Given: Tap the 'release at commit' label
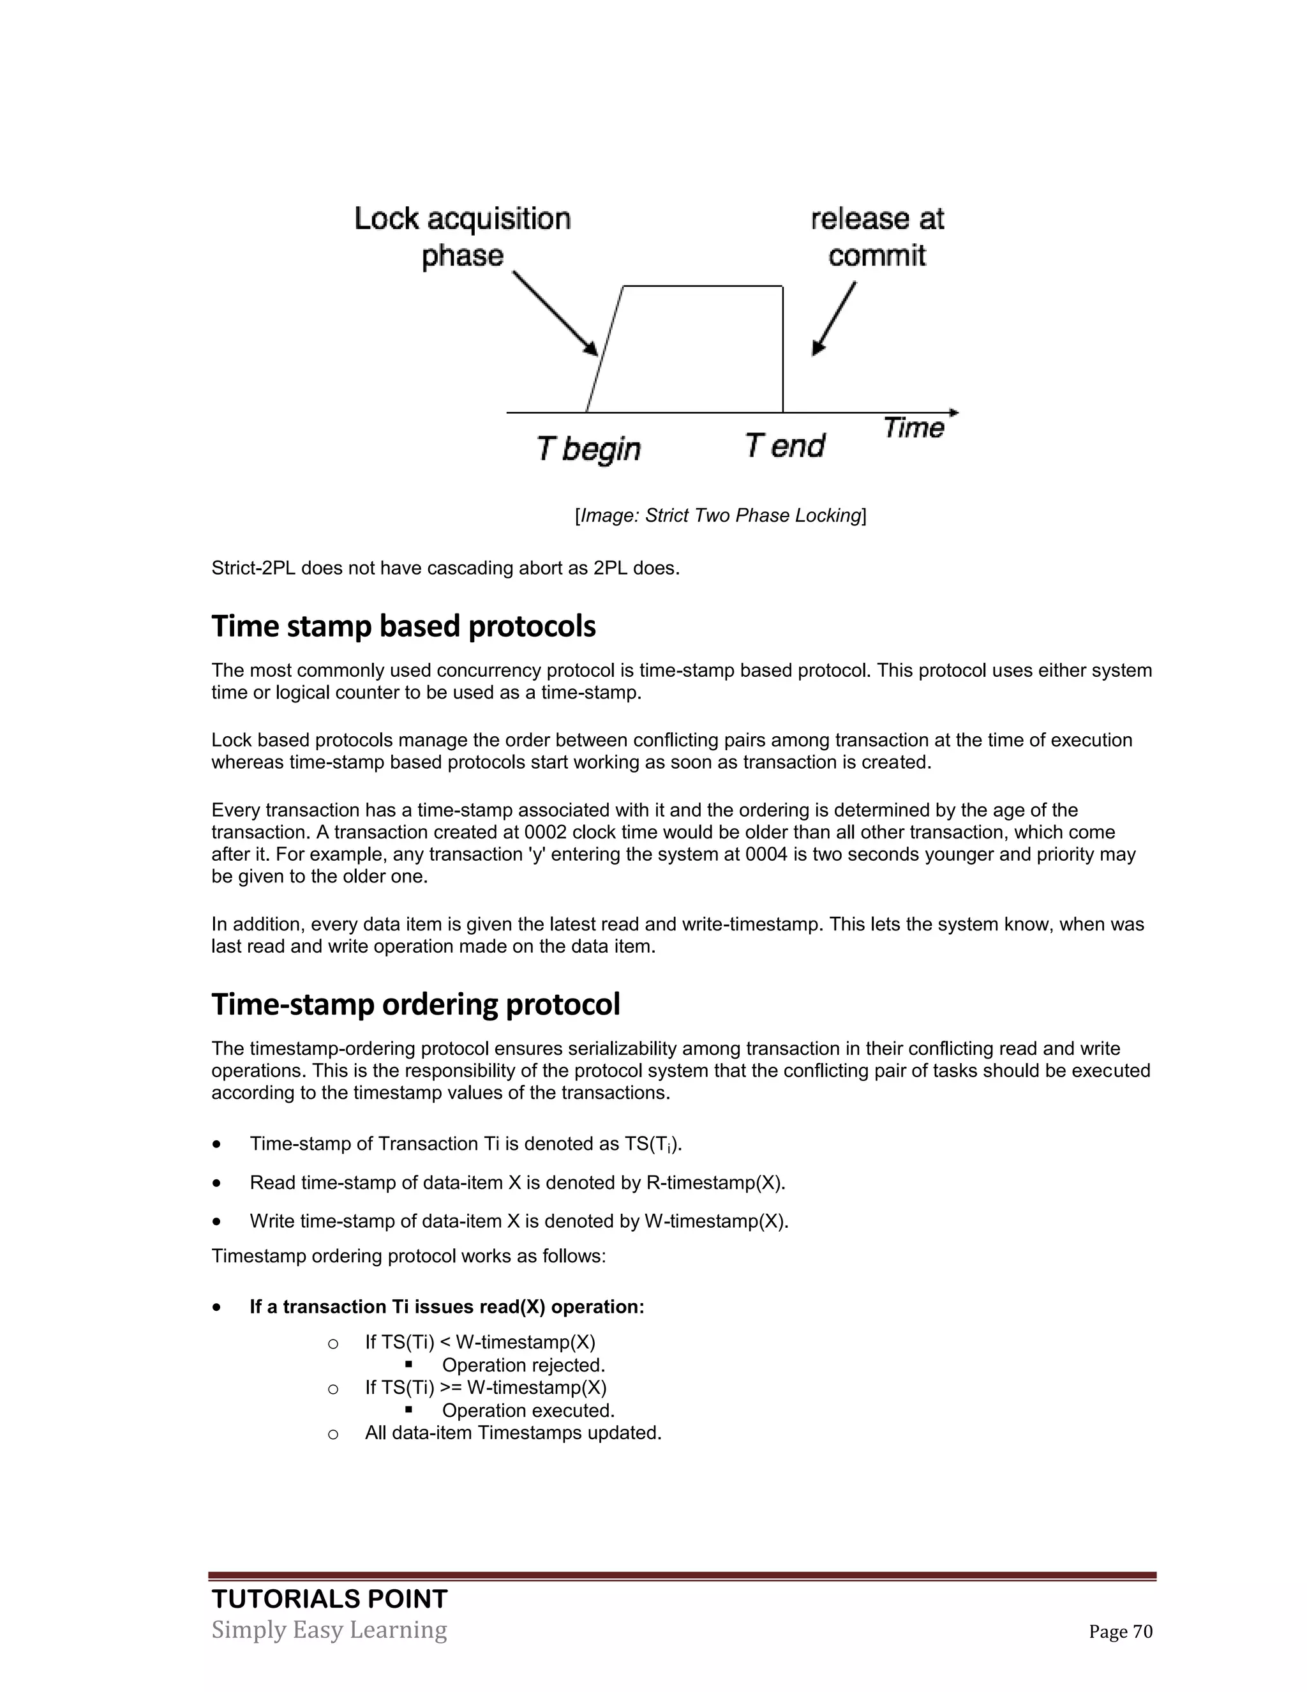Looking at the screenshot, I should [x=878, y=236].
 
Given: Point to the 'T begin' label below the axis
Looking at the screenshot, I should [x=588, y=449].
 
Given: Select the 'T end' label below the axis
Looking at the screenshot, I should [x=784, y=446].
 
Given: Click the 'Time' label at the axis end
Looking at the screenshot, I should [x=914, y=428].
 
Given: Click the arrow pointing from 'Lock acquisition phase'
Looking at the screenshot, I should [x=555, y=313].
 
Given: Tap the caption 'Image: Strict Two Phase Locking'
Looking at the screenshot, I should [x=720, y=515].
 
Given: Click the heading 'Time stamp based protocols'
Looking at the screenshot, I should [x=403, y=626].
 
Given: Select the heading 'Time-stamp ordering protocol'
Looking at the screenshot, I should [x=416, y=1004].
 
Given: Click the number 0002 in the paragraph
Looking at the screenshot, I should [x=546, y=832].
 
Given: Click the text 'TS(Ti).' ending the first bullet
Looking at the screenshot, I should [x=653, y=1144].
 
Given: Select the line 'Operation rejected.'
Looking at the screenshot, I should [x=523, y=1365].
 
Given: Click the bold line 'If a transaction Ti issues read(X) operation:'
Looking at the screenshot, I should [x=447, y=1307].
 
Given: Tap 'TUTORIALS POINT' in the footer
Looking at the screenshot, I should [x=329, y=1599].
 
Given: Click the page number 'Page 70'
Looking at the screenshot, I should [x=1121, y=1631].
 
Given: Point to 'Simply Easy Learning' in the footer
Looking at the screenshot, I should [x=329, y=1630].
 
